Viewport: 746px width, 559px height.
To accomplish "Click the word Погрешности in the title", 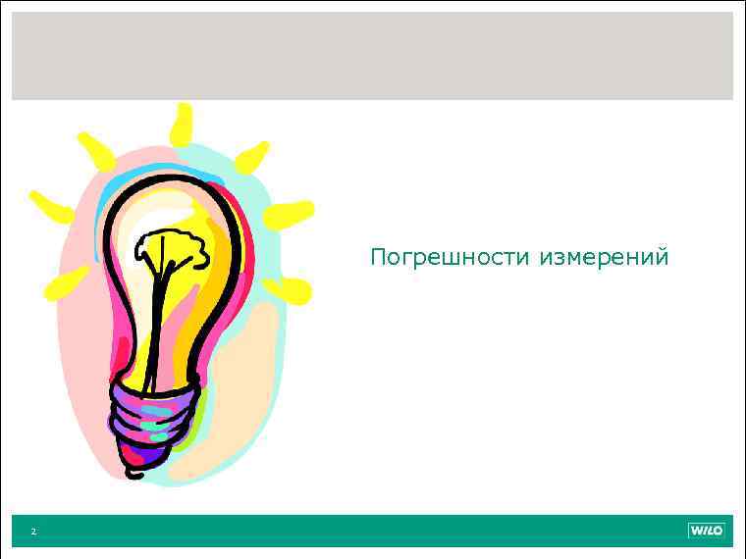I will [451, 258].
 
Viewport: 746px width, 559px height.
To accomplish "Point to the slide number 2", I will [32, 532].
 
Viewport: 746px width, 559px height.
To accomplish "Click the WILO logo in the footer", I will [706, 531].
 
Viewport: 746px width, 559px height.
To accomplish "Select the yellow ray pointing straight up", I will [181, 125].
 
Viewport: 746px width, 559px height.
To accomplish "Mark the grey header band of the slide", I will [372, 56].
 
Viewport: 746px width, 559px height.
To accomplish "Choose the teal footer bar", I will [372, 531].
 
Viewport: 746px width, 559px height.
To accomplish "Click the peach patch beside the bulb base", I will [240, 392].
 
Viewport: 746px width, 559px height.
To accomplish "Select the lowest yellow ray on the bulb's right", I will [291, 289].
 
